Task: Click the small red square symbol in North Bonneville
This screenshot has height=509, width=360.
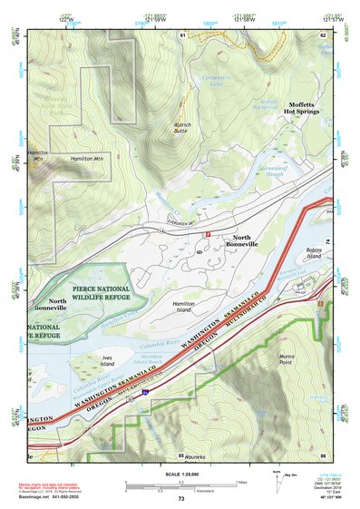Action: click(207, 234)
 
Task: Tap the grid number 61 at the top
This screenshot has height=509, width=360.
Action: click(181, 34)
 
